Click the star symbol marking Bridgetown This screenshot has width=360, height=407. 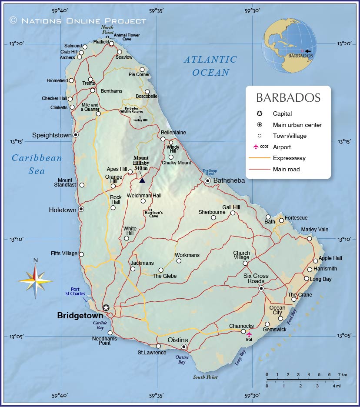tap(106, 308)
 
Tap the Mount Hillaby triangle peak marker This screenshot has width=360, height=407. tap(142, 180)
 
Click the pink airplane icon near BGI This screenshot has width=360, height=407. tap(249, 334)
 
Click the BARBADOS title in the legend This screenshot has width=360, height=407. tap(288, 97)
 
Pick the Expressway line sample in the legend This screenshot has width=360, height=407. tap(259, 158)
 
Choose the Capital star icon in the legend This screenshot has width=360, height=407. tap(260, 114)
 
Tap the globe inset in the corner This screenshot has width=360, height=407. tap(288, 47)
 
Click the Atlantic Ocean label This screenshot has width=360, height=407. tap(210, 66)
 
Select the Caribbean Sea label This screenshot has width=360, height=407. tap(37, 164)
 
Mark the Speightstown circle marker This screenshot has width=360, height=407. tap(76, 135)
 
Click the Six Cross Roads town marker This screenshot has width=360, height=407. tap(261, 289)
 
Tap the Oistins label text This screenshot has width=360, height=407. tap(178, 340)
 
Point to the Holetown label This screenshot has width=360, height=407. tap(63, 210)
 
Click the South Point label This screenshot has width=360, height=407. tap(205, 377)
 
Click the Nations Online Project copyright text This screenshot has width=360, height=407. tap(78, 20)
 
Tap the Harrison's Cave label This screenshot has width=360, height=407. tap(153, 214)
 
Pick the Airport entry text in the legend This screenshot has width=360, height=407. tap(282, 147)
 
